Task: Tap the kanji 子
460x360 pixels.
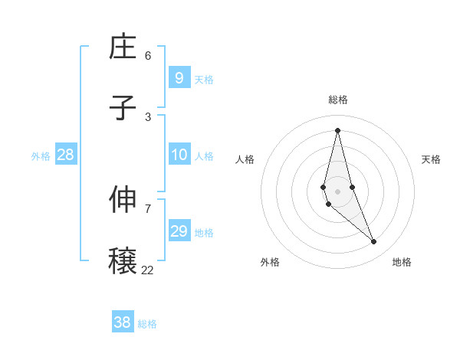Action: click(123, 108)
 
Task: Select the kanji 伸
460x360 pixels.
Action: click(123, 200)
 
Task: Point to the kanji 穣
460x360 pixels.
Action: click(123, 261)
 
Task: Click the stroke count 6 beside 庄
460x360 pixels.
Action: click(148, 55)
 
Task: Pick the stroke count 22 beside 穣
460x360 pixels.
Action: click(147, 270)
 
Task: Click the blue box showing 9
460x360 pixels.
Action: click(179, 78)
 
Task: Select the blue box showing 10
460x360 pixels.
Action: click(179, 155)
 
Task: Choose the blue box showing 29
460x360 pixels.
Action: click(179, 231)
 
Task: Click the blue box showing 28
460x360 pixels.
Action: click(66, 155)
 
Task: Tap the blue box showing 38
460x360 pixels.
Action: click(123, 322)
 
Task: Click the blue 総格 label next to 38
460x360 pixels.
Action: click(148, 324)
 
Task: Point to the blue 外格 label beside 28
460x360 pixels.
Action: click(41, 156)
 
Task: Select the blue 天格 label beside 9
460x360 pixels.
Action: click(204, 80)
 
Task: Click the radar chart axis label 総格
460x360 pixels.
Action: click(338, 100)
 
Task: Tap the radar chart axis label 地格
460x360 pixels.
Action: click(402, 262)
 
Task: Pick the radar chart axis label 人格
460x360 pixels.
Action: click(245, 159)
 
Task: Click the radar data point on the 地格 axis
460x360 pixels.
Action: click(374, 242)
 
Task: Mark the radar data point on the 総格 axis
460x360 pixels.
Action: click(338, 130)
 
